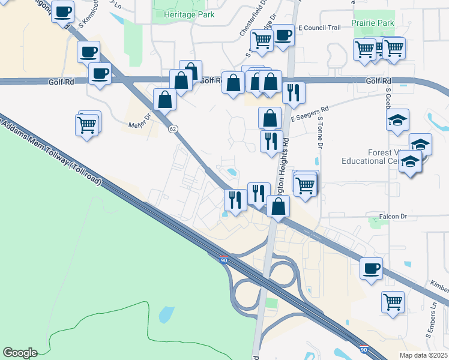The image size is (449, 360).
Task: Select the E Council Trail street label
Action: pyautogui.click(x=319, y=28)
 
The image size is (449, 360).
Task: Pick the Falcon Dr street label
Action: pyautogui.click(x=394, y=216)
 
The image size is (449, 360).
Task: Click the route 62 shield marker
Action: pyautogui.click(x=173, y=129)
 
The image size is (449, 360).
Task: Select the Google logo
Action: pyautogui.click(x=20, y=353)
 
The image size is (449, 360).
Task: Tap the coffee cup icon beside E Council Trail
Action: pyautogui.click(x=283, y=35)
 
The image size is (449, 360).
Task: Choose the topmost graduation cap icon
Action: pyautogui.click(x=397, y=121)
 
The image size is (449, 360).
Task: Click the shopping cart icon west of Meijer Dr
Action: pyautogui.click(x=87, y=125)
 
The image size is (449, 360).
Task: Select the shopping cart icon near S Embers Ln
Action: pyautogui.click(x=393, y=302)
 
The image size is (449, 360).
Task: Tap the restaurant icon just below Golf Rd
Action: pyautogui.click(x=294, y=92)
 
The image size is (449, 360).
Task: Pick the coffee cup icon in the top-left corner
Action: pyautogui.click(x=62, y=11)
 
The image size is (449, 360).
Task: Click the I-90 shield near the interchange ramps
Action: pyautogui.click(x=223, y=260)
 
